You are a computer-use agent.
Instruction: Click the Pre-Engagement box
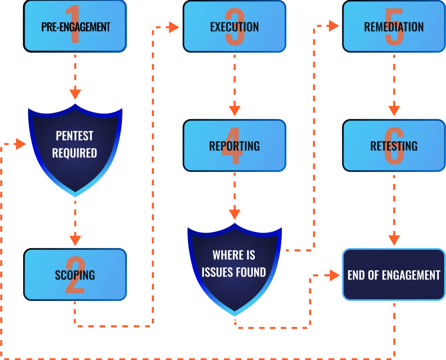75,27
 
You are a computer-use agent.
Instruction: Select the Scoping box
75,274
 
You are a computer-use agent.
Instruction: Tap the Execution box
234,27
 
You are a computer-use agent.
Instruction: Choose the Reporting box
234,146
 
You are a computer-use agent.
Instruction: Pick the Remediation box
394,27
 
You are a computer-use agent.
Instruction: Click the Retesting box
394,146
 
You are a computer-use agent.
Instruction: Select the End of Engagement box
394,274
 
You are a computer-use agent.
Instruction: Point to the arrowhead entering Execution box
174,27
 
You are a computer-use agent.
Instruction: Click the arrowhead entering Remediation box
333,26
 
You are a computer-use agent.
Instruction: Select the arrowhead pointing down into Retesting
394,109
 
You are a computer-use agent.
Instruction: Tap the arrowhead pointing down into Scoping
75,239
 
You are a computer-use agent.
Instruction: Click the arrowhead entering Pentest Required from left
20,144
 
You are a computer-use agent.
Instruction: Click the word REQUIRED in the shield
74,153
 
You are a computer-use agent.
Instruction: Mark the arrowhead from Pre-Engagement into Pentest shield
75,94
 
